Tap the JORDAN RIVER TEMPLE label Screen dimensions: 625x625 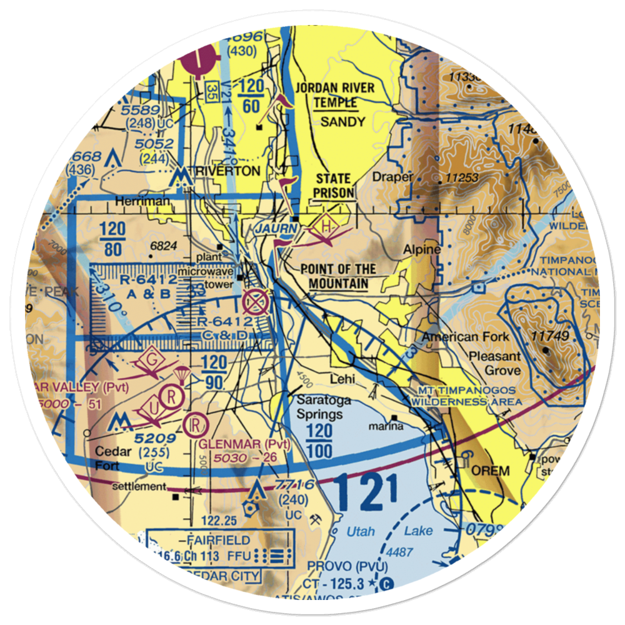[x=336, y=94]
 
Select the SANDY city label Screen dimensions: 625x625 [x=342, y=121]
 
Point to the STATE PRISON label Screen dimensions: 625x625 [x=334, y=186]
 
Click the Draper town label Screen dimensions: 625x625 [x=392, y=177]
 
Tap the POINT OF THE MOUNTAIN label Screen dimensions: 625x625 [x=338, y=276]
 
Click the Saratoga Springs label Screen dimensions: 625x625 [x=319, y=407]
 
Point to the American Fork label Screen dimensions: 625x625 [x=465, y=337]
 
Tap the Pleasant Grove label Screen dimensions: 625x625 [x=495, y=362]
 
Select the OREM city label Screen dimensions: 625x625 [x=492, y=471]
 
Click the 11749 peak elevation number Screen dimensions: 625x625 [x=549, y=336]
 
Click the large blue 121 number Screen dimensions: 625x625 [x=365, y=492]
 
